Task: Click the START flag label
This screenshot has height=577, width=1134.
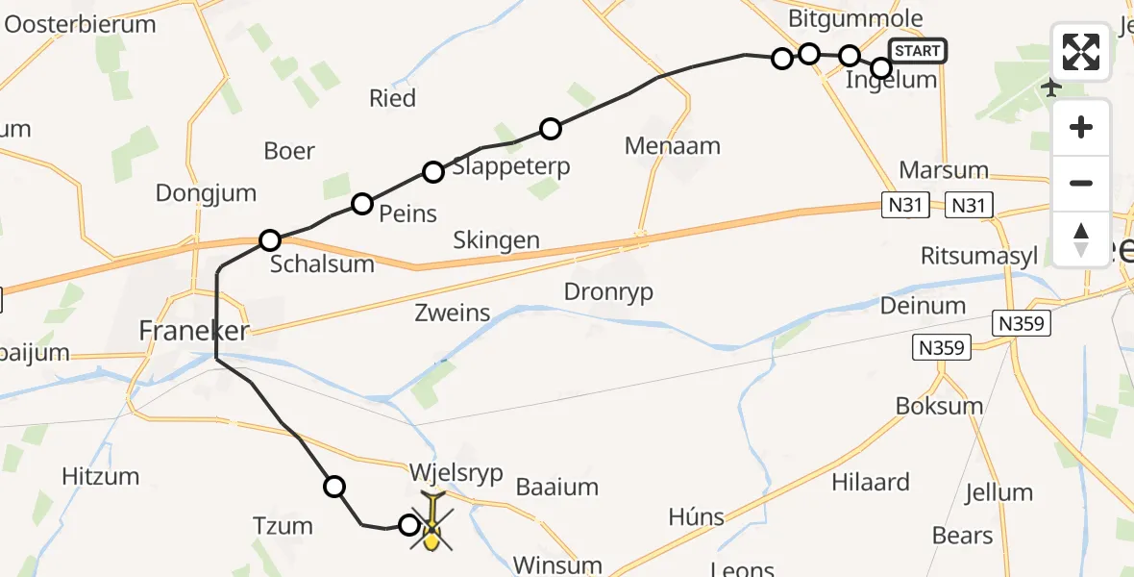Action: (x=918, y=50)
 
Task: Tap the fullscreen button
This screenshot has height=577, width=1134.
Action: (x=1081, y=52)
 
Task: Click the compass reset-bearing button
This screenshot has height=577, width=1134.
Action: (x=1081, y=239)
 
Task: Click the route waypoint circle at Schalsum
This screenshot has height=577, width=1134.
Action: (x=270, y=239)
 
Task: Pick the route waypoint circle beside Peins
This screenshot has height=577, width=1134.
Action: (x=361, y=203)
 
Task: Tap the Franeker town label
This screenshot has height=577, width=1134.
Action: (x=194, y=332)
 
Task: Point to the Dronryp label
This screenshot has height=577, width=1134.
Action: (x=609, y=292)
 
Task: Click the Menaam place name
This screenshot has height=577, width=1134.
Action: (x=672, y=146)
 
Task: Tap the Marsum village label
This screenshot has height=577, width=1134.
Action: (x=944, y=170)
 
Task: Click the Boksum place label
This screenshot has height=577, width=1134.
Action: (x=939, y=405)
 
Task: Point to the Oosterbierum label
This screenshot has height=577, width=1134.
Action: (x=81, y=24)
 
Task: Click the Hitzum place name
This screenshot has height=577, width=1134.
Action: (x=100, y=475)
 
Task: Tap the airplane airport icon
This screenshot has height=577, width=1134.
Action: (x=1052, y=88)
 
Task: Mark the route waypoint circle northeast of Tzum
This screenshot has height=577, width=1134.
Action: (x=334, y=487)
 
